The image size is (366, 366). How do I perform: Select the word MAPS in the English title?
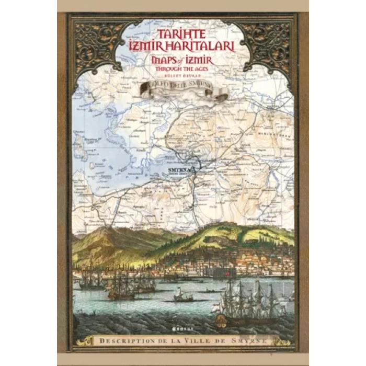coord(164,61)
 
